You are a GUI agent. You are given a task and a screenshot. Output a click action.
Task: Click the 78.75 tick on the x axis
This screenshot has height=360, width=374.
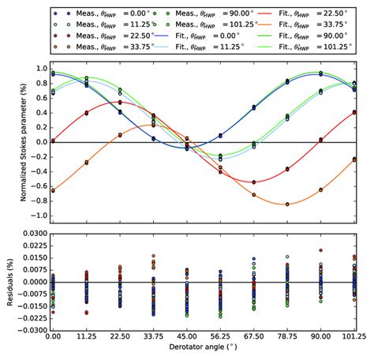click(x=287, y=336)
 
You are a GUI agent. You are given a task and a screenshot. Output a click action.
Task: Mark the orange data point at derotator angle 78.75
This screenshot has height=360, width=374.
click(x=287, y=204)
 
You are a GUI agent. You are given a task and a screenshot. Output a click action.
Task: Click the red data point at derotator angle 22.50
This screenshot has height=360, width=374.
click(x=119, y=102)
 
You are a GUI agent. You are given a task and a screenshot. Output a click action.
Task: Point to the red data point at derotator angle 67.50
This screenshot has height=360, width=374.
click(x=253, y=182)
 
